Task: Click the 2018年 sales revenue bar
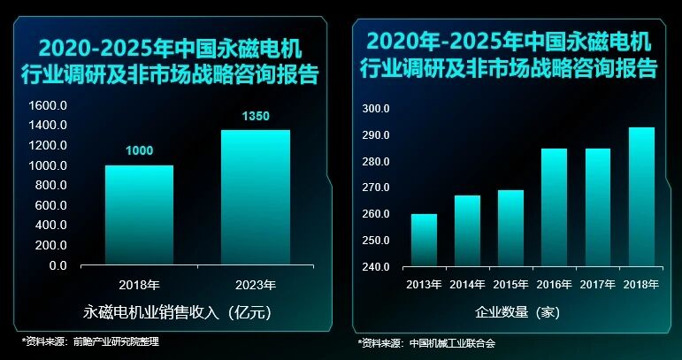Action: tap(139, 215)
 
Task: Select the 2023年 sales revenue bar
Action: tap(255, 197)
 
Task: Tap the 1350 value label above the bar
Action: tap(255, 116)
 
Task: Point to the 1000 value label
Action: tap(139, 151)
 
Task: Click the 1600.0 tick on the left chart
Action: tap(48, 105)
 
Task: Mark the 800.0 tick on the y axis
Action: tap(51, 186)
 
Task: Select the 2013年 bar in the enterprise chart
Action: tap(424, 240)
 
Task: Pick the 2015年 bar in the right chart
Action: tap(510, 228)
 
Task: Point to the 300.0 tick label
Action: tap(376, 109)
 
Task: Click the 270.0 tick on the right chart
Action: tap(376, 188)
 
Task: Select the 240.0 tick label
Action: tap(376, 267)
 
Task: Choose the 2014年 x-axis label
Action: tap(467, 284)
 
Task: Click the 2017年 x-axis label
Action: tap(598, 284)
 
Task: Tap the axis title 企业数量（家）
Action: tap(517, 311)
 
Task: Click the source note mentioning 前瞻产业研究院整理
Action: tap(90, 341)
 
